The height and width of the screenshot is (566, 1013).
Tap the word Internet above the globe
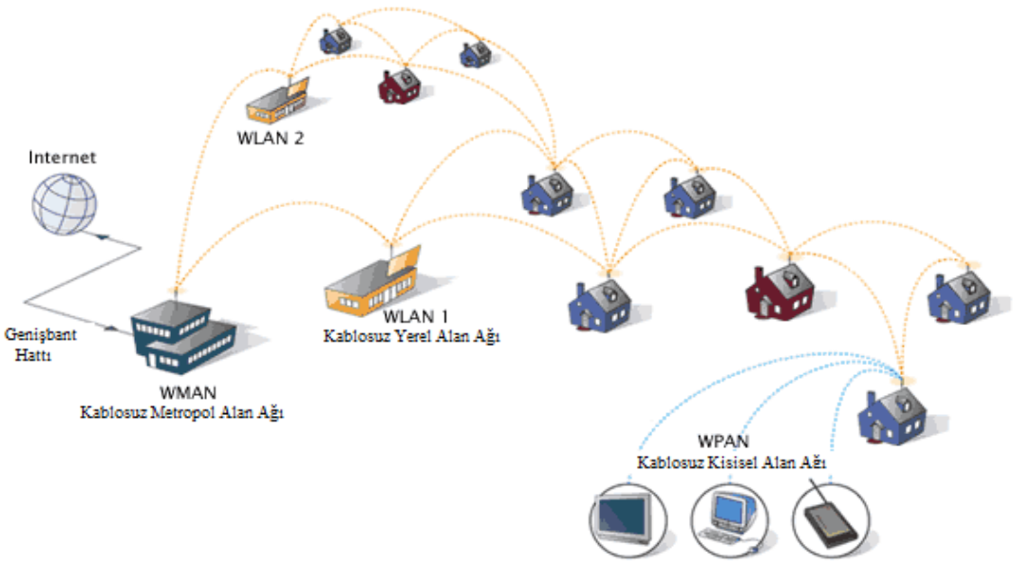(62, 158)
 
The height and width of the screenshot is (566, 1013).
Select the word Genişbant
(39, 336)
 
